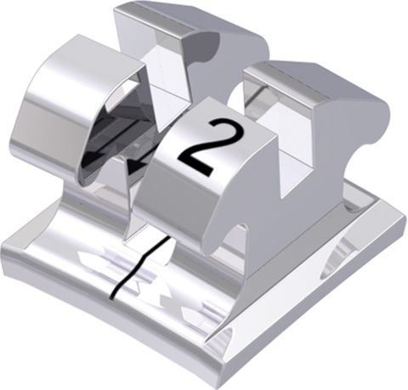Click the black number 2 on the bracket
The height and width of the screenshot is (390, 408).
tap(196, 146)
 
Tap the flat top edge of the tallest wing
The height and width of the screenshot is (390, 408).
tap(161, 12)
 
